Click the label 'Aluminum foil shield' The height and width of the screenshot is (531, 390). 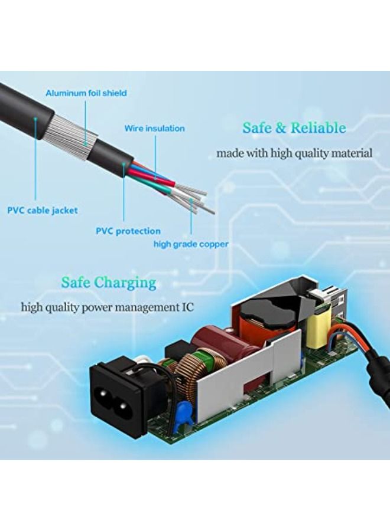(x=86, y=93)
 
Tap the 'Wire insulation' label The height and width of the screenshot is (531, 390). (x=155, y=129)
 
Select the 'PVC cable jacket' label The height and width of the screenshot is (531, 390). (x=43, y=210)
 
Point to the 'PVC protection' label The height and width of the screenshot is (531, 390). (x=128, y=231)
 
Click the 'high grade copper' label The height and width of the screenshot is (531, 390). (x=191, y=244)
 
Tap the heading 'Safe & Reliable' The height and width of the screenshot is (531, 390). (x=294, y=127)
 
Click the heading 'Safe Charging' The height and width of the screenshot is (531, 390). (x=109, y=282)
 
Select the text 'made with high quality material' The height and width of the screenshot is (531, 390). (x=294, y=153)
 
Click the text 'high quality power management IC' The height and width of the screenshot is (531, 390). (x=108, y=307)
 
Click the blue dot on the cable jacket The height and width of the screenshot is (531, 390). (x=35, y=119)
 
